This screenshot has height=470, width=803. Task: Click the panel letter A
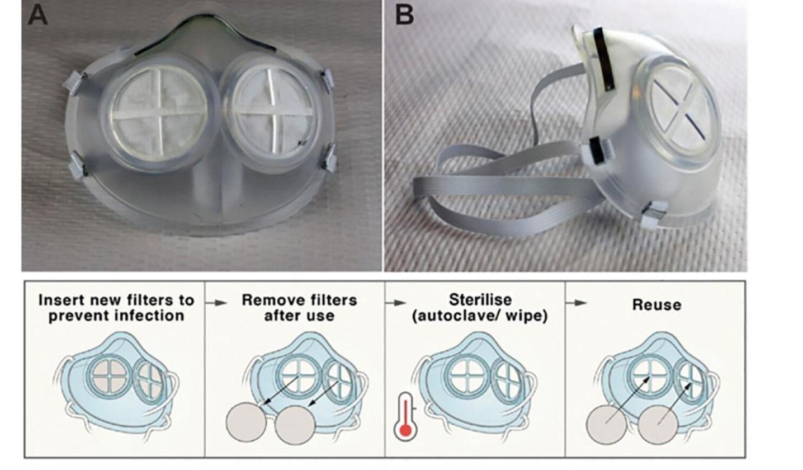(x=37, y=15)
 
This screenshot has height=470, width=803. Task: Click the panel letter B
(x=404, y=15)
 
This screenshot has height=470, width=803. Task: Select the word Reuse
(x=656, y=305)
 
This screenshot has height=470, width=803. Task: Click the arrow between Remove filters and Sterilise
(x=396, y=303)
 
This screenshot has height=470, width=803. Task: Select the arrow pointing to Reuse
(x=577, y=303)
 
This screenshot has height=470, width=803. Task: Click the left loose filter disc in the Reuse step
(x=606, y=425)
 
